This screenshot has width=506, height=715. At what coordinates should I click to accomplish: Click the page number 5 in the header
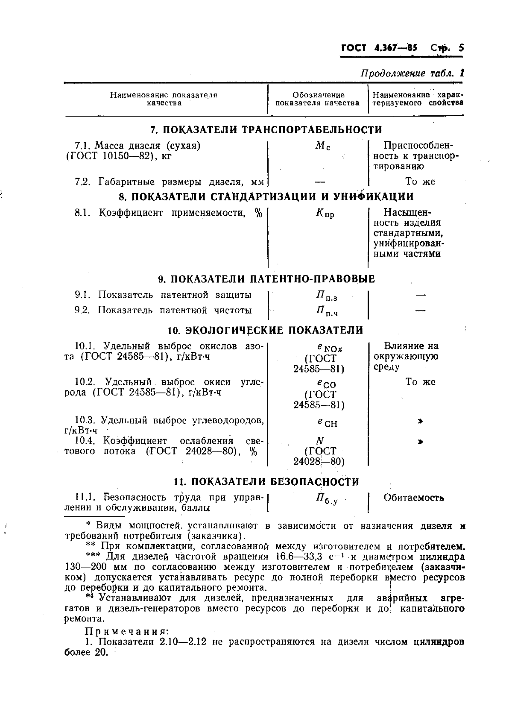click(461, 48)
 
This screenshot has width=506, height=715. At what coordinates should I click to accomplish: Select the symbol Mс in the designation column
click(322, 146)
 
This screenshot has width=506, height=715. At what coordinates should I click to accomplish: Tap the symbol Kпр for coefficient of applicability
click(325, 213)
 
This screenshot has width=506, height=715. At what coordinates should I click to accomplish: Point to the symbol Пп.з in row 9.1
click(327, 296)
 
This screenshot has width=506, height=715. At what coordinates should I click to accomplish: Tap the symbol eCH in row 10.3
click(327, 422)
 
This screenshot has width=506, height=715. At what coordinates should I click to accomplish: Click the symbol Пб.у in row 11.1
click(327, 499)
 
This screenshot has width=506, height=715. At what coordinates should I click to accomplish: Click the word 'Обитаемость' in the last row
click(414, 498)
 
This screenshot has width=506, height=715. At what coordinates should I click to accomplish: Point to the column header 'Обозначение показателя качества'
click(318, 99)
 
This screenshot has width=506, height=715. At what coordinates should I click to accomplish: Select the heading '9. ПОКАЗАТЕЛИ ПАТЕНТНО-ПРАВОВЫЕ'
click(266, 279)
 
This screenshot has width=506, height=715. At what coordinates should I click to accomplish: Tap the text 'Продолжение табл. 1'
click(412, 73)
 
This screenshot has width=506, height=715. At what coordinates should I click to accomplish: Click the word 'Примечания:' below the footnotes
click(127, 631)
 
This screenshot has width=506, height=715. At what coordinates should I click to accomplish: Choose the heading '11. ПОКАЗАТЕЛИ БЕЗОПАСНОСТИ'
click(266, 482)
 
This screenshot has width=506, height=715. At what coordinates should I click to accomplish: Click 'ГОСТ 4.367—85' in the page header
click(379, 48)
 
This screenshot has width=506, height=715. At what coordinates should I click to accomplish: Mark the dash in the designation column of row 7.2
click(320, 182)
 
